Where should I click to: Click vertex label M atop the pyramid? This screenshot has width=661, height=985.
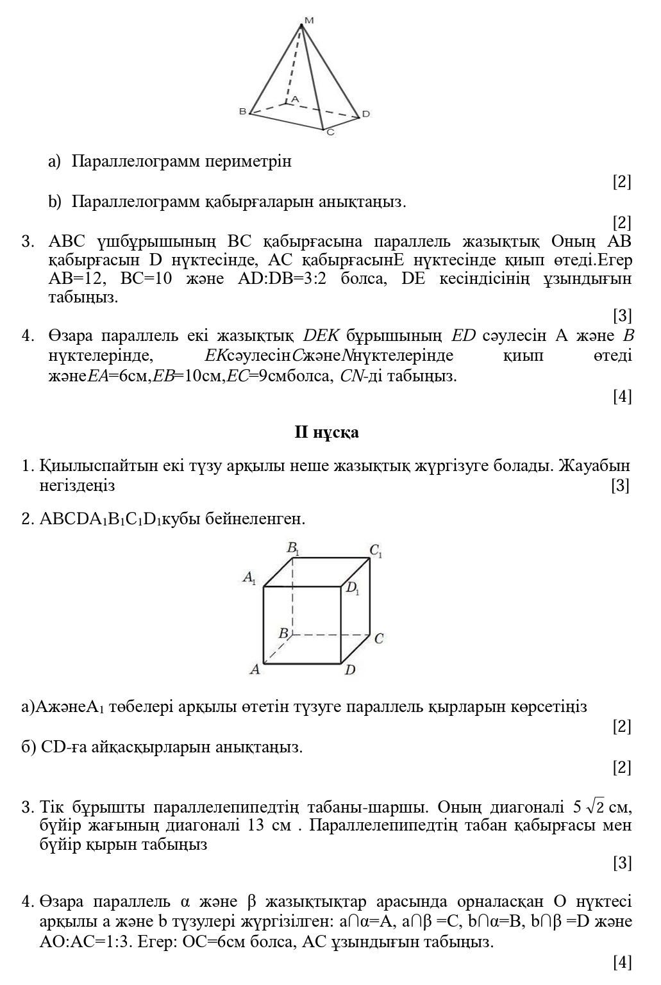click(309, 21)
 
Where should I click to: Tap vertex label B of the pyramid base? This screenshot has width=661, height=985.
click(242, 111)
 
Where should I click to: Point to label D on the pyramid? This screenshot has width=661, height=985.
click(365, 114)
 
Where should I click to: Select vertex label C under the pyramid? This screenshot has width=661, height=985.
click(330, 133)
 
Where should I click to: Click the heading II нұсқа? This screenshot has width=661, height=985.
click(326, 433)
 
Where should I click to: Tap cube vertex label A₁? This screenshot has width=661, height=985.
click(249, 577)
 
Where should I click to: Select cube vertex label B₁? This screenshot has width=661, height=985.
click(293, 549)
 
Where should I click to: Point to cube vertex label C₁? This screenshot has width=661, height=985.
click(376, 550)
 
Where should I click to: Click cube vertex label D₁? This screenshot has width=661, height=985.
click(353, 588)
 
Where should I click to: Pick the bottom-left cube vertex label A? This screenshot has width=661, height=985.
click(255, 669)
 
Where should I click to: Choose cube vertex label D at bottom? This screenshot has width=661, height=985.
click(350, 670)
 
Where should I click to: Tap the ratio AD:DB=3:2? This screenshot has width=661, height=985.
click(281, 279)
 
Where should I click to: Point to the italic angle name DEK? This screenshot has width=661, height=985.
click(321, 336)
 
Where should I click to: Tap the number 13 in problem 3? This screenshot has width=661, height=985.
click(256, 825)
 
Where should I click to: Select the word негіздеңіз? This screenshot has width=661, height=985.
click(78, 486)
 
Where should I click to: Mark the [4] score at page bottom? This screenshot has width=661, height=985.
click(622, 962)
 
